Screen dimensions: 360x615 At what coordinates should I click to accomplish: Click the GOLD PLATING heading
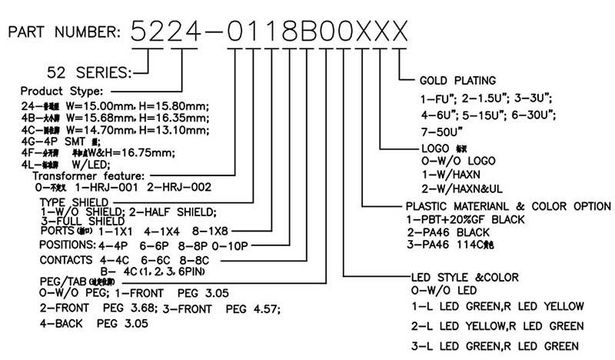tap(457, 80)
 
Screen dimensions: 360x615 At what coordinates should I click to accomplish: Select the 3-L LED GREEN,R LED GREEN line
tap(494, 345)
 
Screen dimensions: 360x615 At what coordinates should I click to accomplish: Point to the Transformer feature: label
tap(92, 176)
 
